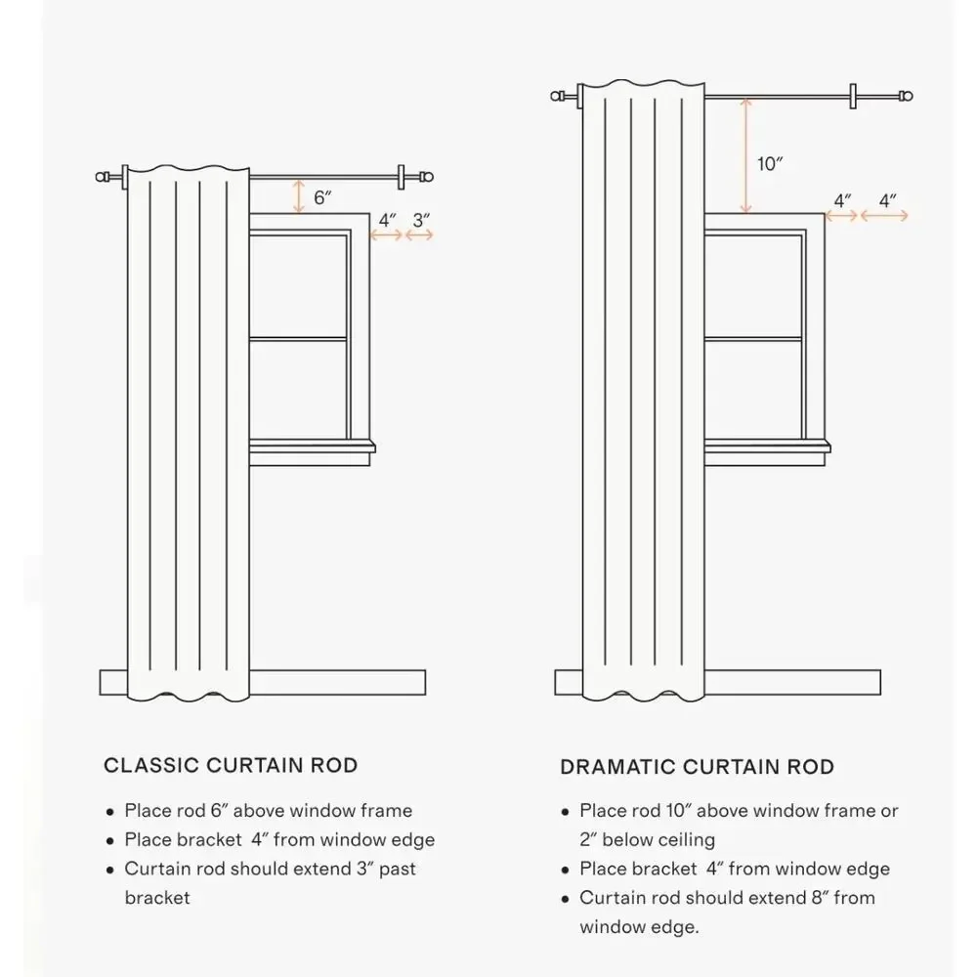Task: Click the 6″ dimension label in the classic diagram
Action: pyautogui.click(x=322, y=197)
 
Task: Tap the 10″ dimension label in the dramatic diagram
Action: pyautogui.click(x=770, y=164)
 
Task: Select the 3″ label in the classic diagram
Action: pyautogui.click(x=420, y=220)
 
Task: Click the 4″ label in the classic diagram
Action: pyautogui.click(x=387, y=220)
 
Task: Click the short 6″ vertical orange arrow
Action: pyautogui.click(x=299, y=196)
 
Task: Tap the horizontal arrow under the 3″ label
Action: pyautogui.click(x=419, y=234)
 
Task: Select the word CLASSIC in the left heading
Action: pyautogui.click(x=150, y=765)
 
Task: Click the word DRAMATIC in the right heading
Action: pyautogui.click(x=616, y=766)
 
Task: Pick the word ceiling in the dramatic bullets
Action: pyautogui.click(x=687, y=840)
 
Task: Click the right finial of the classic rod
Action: pyautogui.click(x=426, y=177)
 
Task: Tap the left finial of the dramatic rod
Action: pyautogui.click(x=558, y=96)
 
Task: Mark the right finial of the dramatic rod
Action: pyautogui.click(x=906, y=96)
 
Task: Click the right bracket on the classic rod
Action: pyautogui.click(x=402, y=177)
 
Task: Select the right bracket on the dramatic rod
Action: pyautogui.click(x=853, y=96)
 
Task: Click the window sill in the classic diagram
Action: pyautogui.click(x=313, y=446)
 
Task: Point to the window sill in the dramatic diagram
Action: pyautogui.click(x=767, y=446)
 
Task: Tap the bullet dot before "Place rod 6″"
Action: pyautogui.click(x=110, y=812)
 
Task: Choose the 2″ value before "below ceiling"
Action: pyautogui.click(x=588, y=839)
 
